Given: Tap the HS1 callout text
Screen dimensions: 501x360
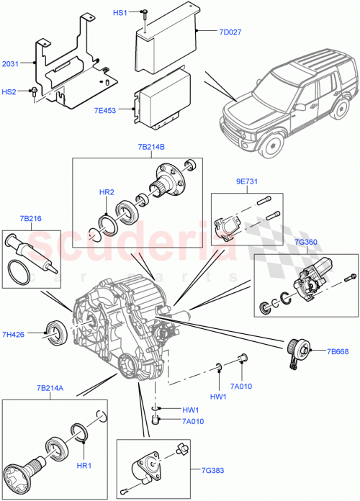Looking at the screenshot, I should point(120,13).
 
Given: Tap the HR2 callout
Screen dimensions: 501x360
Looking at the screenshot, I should point(107,193).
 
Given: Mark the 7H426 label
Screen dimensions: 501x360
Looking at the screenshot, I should point(14,335).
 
